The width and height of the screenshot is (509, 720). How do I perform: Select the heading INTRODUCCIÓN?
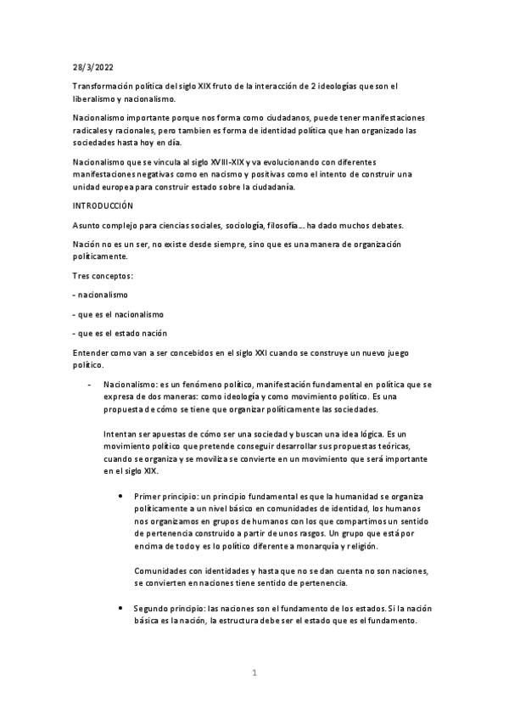(x=103, y=205)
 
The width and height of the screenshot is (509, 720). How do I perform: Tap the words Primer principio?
(x=163, y=495)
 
